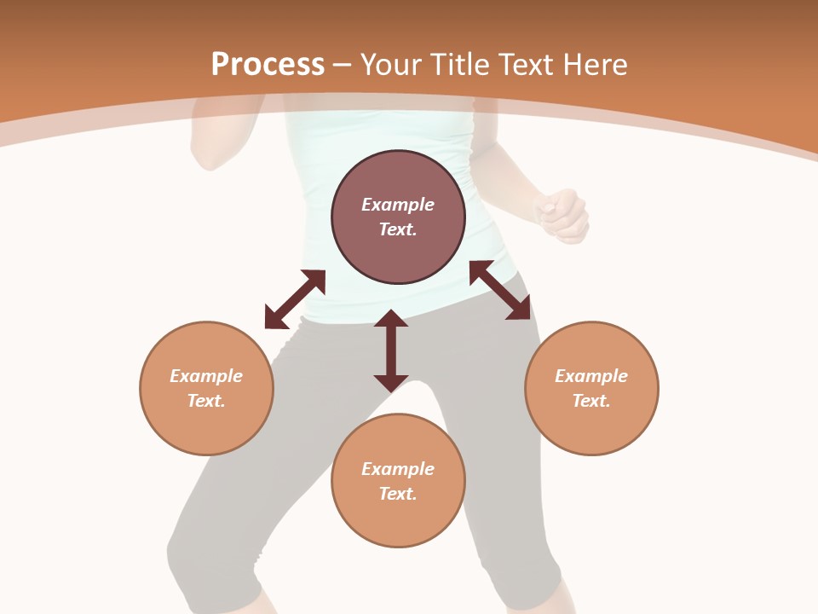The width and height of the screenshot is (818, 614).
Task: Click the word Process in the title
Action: coord(268,65)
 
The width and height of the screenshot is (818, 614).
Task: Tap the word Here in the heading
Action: coord(596,65)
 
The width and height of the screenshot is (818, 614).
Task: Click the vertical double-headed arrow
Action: coord(391,350)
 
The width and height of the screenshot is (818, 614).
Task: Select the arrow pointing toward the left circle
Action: coord(295,299)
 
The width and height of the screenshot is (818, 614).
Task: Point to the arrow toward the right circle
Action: coord(500,290)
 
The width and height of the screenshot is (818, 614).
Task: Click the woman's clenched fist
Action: coord(562,215)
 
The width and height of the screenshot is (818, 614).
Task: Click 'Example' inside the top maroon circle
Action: coord(398,205)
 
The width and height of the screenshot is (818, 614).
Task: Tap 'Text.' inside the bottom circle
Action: coord(398,494)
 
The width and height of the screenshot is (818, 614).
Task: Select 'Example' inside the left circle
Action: coord(206,376)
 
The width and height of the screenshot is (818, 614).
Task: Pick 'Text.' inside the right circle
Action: coord(591,401)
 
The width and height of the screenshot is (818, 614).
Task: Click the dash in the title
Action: coord(343,65)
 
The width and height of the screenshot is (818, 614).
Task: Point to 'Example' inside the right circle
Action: coord(591,376)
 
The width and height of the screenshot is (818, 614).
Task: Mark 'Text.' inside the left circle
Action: coord(206,401)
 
